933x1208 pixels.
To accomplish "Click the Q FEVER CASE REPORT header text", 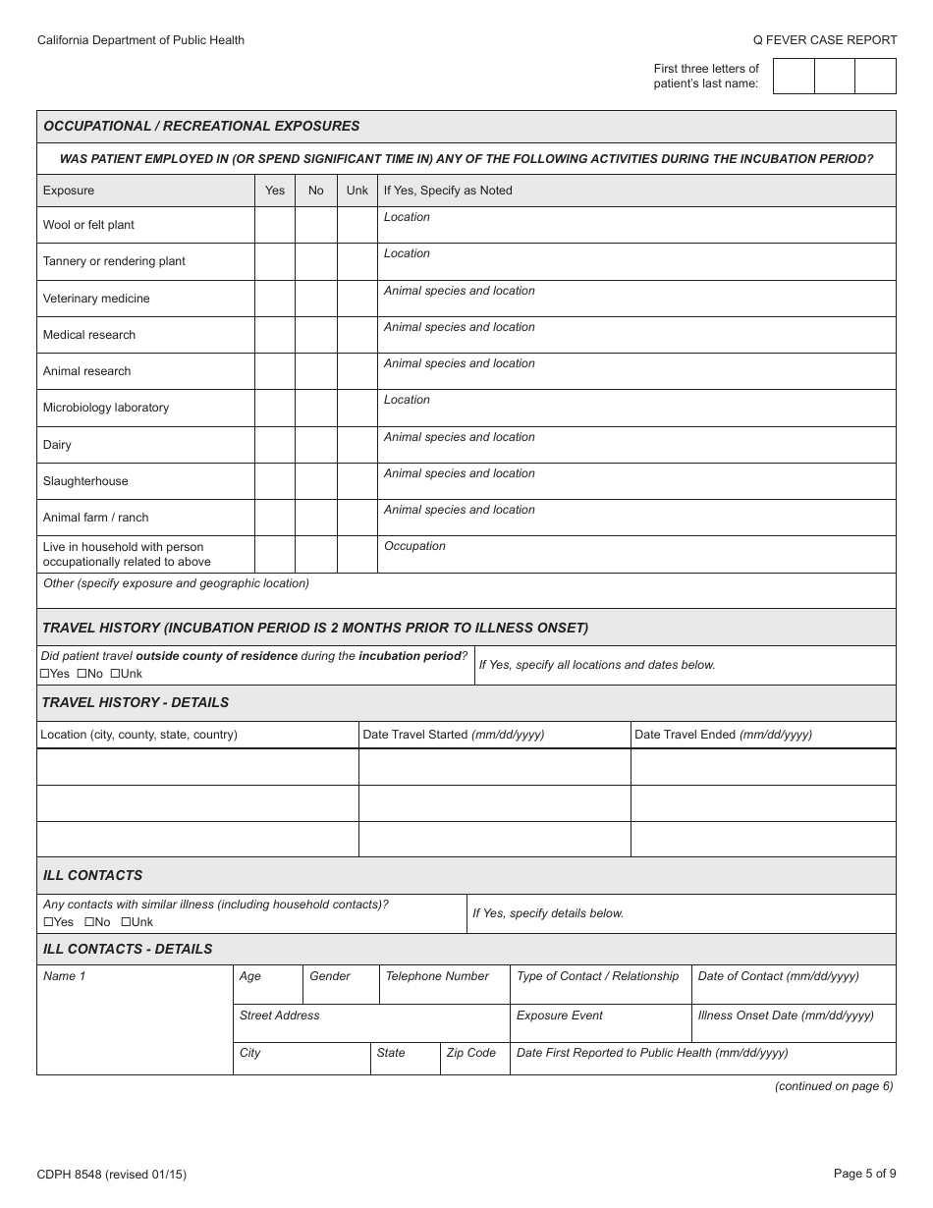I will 825,40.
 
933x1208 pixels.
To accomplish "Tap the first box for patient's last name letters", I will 794,76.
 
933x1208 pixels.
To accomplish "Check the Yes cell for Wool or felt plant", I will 275,225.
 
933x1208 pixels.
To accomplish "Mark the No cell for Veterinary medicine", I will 315,299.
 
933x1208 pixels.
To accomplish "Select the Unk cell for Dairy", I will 357,445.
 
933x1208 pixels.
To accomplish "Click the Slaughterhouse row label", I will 85,481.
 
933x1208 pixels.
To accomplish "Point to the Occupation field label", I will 414,546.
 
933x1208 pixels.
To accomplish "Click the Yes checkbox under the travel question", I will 45,674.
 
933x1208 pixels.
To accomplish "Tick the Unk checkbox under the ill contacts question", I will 126,922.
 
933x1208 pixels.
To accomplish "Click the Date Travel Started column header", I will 453,735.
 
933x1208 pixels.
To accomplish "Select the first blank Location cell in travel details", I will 197,767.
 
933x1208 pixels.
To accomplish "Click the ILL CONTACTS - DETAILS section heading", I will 128,950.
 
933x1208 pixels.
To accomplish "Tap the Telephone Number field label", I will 437,976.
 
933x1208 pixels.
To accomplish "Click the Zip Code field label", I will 471,1053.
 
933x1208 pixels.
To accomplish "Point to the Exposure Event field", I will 560,1016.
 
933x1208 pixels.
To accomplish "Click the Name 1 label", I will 64,976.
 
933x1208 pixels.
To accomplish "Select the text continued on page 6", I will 834,1086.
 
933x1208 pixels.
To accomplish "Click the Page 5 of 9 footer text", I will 864,1173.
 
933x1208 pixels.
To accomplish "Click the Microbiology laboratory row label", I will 106,408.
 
